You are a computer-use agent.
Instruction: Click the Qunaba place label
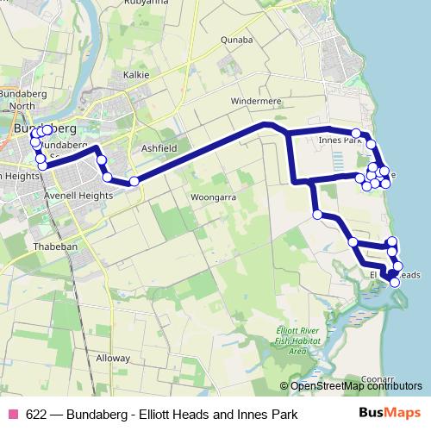pos(235,40)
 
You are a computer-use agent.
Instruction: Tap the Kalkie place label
pos(136,75)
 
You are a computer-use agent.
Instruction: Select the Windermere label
pos(257,101)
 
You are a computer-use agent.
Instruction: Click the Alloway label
pos(112,357)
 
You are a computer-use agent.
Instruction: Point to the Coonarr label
pos(377,378)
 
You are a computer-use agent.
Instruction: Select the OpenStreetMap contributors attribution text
pos(356,385)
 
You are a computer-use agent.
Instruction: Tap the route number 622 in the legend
pos(37,415)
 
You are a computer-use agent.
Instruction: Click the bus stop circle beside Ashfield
pos(134,181)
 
